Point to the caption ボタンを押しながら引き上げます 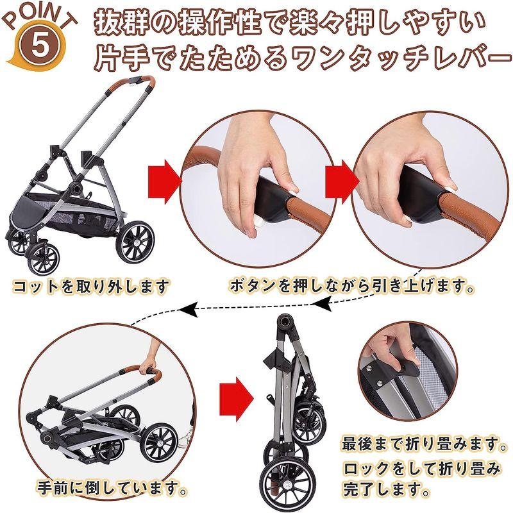352,285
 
